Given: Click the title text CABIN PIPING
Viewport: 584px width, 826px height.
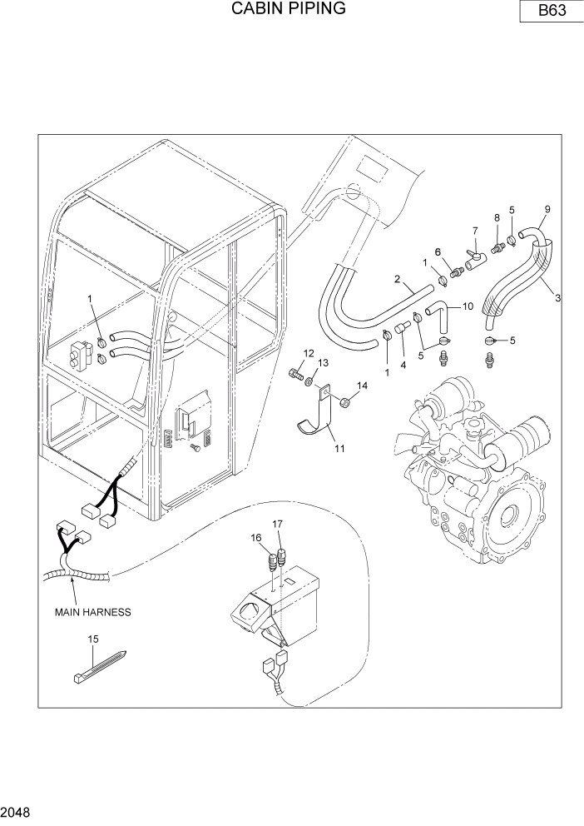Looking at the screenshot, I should point(288,9).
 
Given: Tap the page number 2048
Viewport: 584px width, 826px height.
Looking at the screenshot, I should point(17,809).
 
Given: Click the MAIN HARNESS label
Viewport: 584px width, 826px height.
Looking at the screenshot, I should point(93,612).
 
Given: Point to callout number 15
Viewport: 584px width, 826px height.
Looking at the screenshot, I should point(93,639).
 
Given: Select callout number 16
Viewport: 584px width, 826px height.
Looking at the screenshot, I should point(255,539).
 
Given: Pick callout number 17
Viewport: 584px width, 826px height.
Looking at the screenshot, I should point(279,524).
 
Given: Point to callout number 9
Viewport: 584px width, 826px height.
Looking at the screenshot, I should point(547,208).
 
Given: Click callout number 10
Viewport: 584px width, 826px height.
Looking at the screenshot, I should point(467,306).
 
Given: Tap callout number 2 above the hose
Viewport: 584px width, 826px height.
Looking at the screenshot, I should point(398,278).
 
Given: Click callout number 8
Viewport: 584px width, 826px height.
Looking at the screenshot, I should point(497,218).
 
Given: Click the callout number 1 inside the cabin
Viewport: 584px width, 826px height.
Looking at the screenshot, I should point(92,297).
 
